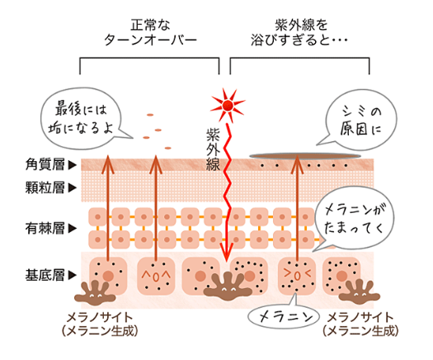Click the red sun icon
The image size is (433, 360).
[228, 106]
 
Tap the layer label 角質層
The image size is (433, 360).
[45, 165]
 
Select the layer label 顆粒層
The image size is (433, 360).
[45, 187]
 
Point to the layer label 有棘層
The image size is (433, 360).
[45, 229]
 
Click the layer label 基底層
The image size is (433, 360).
[45, 275]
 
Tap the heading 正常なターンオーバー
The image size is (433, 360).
[150, 32]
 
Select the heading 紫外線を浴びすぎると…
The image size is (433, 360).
[299, 32]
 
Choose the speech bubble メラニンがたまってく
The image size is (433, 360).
[355, 219]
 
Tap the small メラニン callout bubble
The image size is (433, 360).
[284, 316]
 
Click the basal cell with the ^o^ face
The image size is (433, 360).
[156, 276]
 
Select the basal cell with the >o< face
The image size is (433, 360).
[297, 276]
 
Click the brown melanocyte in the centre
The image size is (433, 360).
[228, 287]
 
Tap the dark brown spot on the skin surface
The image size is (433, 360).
[305, 156]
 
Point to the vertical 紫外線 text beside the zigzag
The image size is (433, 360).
[213, 149]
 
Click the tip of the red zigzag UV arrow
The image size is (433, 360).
[227, 261]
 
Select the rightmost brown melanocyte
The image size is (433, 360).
[360, 292]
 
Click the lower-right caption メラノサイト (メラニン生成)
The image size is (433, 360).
[360, 324]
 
